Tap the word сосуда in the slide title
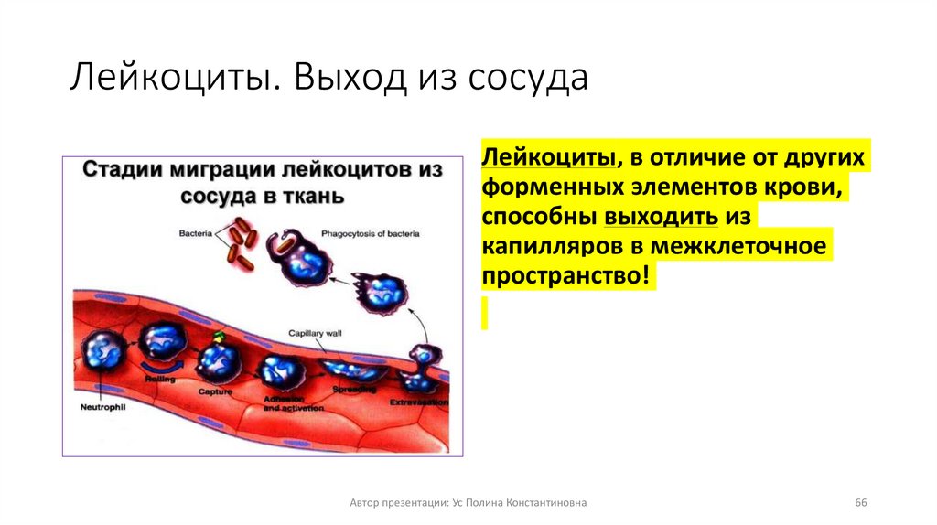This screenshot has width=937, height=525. tap(528, 80)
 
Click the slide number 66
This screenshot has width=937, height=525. tap(860, 503)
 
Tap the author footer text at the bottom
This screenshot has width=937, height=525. tap(468, 503)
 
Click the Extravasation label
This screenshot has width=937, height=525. tap(419, 402)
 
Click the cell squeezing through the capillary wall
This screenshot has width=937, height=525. tap(422, 363)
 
